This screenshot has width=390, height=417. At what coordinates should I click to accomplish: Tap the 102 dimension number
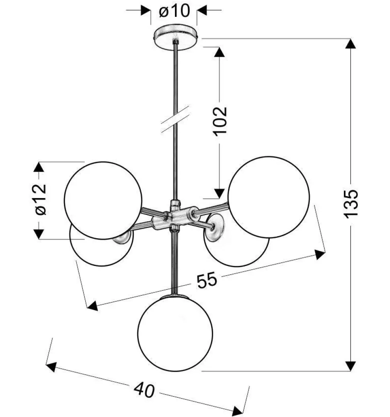(220, 121)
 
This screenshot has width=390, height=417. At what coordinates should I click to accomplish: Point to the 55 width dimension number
(207, 280)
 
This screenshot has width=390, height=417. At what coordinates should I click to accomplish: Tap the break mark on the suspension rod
(175, 119)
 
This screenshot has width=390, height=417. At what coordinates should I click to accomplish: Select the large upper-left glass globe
(103, 200)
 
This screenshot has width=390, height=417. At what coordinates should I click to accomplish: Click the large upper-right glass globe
(269, 197)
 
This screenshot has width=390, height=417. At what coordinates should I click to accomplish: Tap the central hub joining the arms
(175, 217)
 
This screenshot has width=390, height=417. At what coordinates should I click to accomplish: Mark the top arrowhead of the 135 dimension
(351, 43)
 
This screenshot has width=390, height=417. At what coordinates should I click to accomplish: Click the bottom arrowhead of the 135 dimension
(351, 366)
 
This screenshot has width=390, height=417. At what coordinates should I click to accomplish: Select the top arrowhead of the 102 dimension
(219, 52)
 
